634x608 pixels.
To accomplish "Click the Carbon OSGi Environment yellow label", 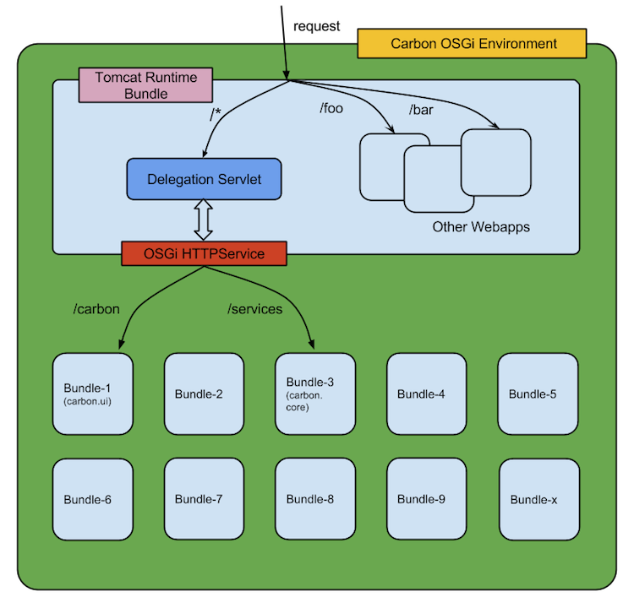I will tap(472, 43).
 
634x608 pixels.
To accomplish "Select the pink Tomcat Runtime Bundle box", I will tap(145, 85).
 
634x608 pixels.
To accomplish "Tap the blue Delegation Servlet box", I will tap(204, 180).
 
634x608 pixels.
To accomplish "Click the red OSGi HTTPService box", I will tap(204, 253).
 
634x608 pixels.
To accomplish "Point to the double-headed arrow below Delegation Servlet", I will tap(204, 220).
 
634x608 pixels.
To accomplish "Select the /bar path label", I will tap(422, 111).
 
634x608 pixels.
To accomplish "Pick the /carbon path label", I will tap(96, 309).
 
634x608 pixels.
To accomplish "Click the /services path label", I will tap(254, 309).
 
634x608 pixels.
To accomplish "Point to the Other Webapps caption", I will tap(481, 227).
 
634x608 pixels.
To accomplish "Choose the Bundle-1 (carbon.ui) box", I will tap(92, 394).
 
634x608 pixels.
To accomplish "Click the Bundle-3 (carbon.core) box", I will tap(315, 394).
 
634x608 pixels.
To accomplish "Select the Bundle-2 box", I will tap(204, 394).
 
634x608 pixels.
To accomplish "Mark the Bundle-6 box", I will tap(92, 499).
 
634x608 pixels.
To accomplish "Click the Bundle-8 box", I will tap(315, 499).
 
